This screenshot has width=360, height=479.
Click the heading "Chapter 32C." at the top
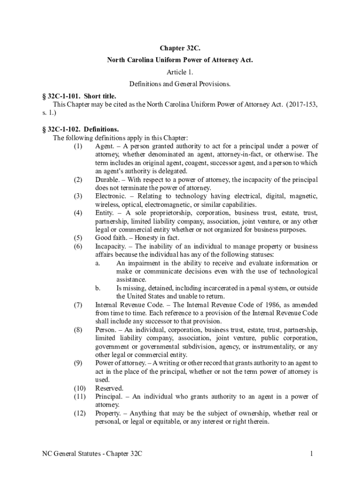point(180,48)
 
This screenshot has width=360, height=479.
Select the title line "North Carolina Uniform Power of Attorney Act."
point(180,60)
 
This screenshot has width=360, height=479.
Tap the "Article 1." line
point(180,72)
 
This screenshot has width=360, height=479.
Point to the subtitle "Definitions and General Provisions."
point(180,84)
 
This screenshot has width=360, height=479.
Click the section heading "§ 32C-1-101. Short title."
point(79,96)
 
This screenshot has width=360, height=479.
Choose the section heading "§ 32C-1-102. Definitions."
point(79,129)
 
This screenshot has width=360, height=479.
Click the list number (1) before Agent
point(78,146)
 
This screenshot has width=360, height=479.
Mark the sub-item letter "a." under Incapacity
point(98,263)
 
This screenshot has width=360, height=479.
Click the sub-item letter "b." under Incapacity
point(98,288)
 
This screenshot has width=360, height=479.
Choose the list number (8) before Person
point(78,329)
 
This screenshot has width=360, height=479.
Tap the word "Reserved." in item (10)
point(109,388)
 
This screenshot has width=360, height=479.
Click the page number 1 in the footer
point(310,454)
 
